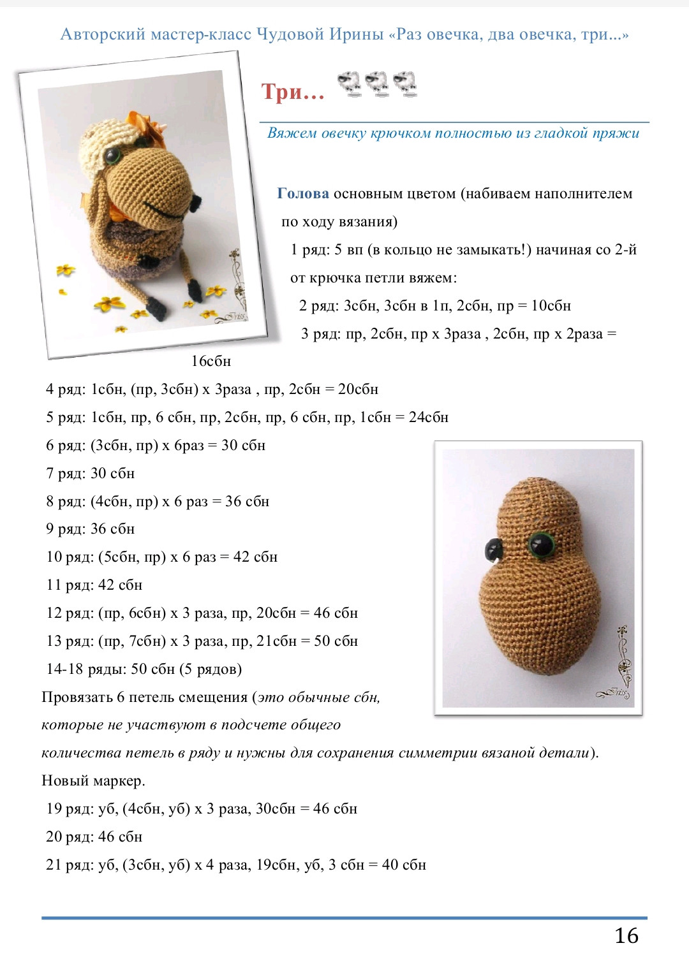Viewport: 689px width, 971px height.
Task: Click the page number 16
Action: pyautogui.click(x=626, y=935)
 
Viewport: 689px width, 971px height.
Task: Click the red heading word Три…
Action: pyautogui.click(x=293, y=92)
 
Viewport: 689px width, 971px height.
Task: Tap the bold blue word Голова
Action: pyautogui.click(x=303, y=194)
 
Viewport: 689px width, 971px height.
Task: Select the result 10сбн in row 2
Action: pyautogui.click(x=551, y=305)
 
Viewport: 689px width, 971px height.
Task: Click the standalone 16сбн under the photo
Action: pyautogui.click(x=211, y=361)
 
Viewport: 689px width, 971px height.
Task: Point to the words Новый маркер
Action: pyautogui.click(x=93, y=780)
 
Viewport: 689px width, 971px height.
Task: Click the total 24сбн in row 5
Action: pyautogui.click(x=428, y=417)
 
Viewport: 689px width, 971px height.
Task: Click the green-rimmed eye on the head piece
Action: pyautogui.click(x=542, y=545)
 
